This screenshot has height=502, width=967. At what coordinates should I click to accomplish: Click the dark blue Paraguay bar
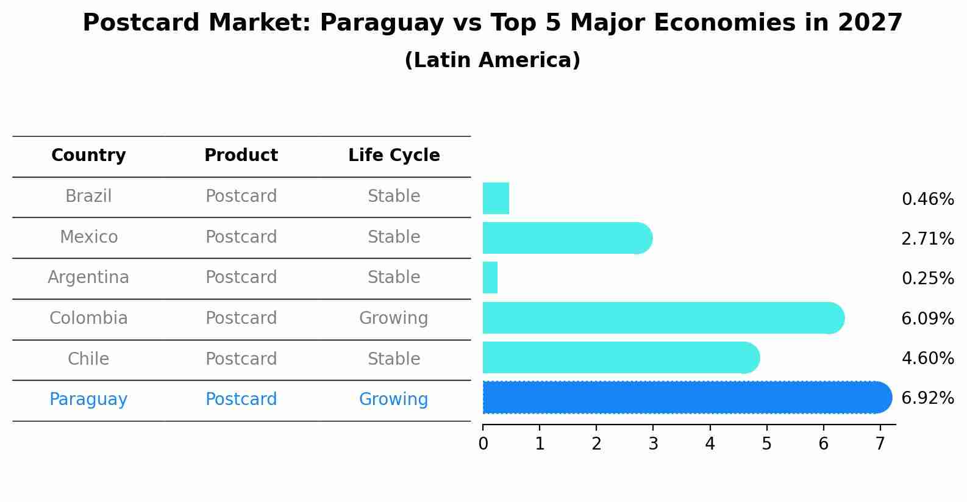coord(683,398)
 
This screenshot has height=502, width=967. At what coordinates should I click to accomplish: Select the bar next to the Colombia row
coord(662,318)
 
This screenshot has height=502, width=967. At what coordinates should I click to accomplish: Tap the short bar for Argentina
coord(490,278)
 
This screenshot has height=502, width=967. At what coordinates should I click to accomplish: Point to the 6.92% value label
coord(927,398)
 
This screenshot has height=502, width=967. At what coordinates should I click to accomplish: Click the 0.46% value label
coord(927,199)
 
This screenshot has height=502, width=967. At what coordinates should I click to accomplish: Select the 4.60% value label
coord(927,358)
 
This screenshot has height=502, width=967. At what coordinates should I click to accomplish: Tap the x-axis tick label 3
coord(653,444)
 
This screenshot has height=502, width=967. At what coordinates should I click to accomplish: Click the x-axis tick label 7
coord(880,444)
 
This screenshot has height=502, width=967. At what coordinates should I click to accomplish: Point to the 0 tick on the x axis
coord(483,444)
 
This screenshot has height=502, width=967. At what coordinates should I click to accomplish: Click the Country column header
coord(88,156)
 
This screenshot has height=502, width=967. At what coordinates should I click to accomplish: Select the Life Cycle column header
coord(394,156)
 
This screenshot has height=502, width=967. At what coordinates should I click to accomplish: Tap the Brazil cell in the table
coord(88,196)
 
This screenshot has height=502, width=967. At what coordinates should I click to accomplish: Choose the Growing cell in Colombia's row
coord(393,318)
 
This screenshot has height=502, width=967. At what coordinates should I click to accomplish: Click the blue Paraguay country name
coord(88,400)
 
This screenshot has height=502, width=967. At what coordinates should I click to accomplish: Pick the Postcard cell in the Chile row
coord(241,359)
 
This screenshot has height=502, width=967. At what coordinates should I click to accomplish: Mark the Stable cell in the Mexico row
coord(394,237)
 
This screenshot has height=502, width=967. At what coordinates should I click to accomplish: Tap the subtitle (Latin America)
coord(492,60)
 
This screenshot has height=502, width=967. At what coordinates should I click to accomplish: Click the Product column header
coord(241,156)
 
